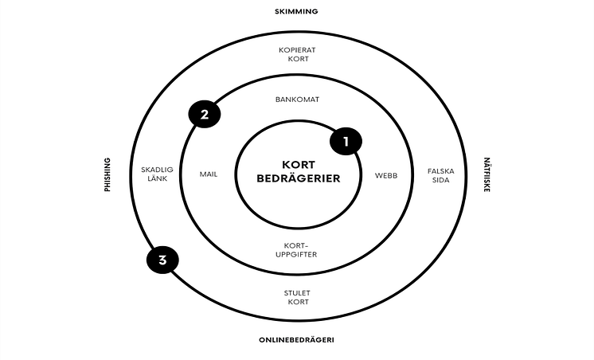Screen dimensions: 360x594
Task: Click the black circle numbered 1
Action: [346, 142]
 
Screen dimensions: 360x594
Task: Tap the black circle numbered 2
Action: [205, 114]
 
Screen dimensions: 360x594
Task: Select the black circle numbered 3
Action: [162, 260]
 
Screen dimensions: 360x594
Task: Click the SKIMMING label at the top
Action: [297, 11]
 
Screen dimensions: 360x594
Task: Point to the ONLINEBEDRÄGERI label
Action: [296, 340]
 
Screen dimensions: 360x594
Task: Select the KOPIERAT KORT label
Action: [297, 55]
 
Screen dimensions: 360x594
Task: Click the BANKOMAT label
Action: [296, 101]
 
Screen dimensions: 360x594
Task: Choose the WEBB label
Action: [386, 174]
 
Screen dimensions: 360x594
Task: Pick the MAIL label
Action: [208, 174]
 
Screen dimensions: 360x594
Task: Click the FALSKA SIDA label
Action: [440, 174]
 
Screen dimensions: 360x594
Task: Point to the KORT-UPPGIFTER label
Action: [296, 249]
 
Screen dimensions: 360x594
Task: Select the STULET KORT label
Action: [296, 298]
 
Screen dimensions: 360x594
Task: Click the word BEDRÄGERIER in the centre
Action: [298, 178]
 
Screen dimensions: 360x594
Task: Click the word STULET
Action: [296, 293]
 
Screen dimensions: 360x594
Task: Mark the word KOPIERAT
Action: [297, 50]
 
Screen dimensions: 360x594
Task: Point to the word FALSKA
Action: [440, 170]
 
